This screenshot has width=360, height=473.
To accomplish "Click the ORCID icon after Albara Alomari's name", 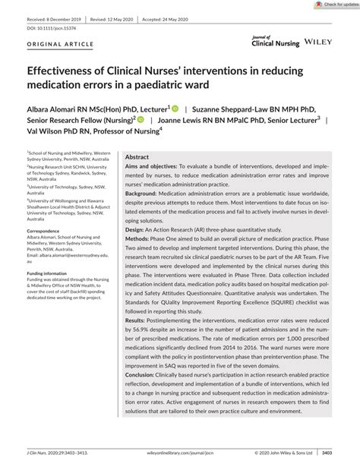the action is (x=174, y=109).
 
